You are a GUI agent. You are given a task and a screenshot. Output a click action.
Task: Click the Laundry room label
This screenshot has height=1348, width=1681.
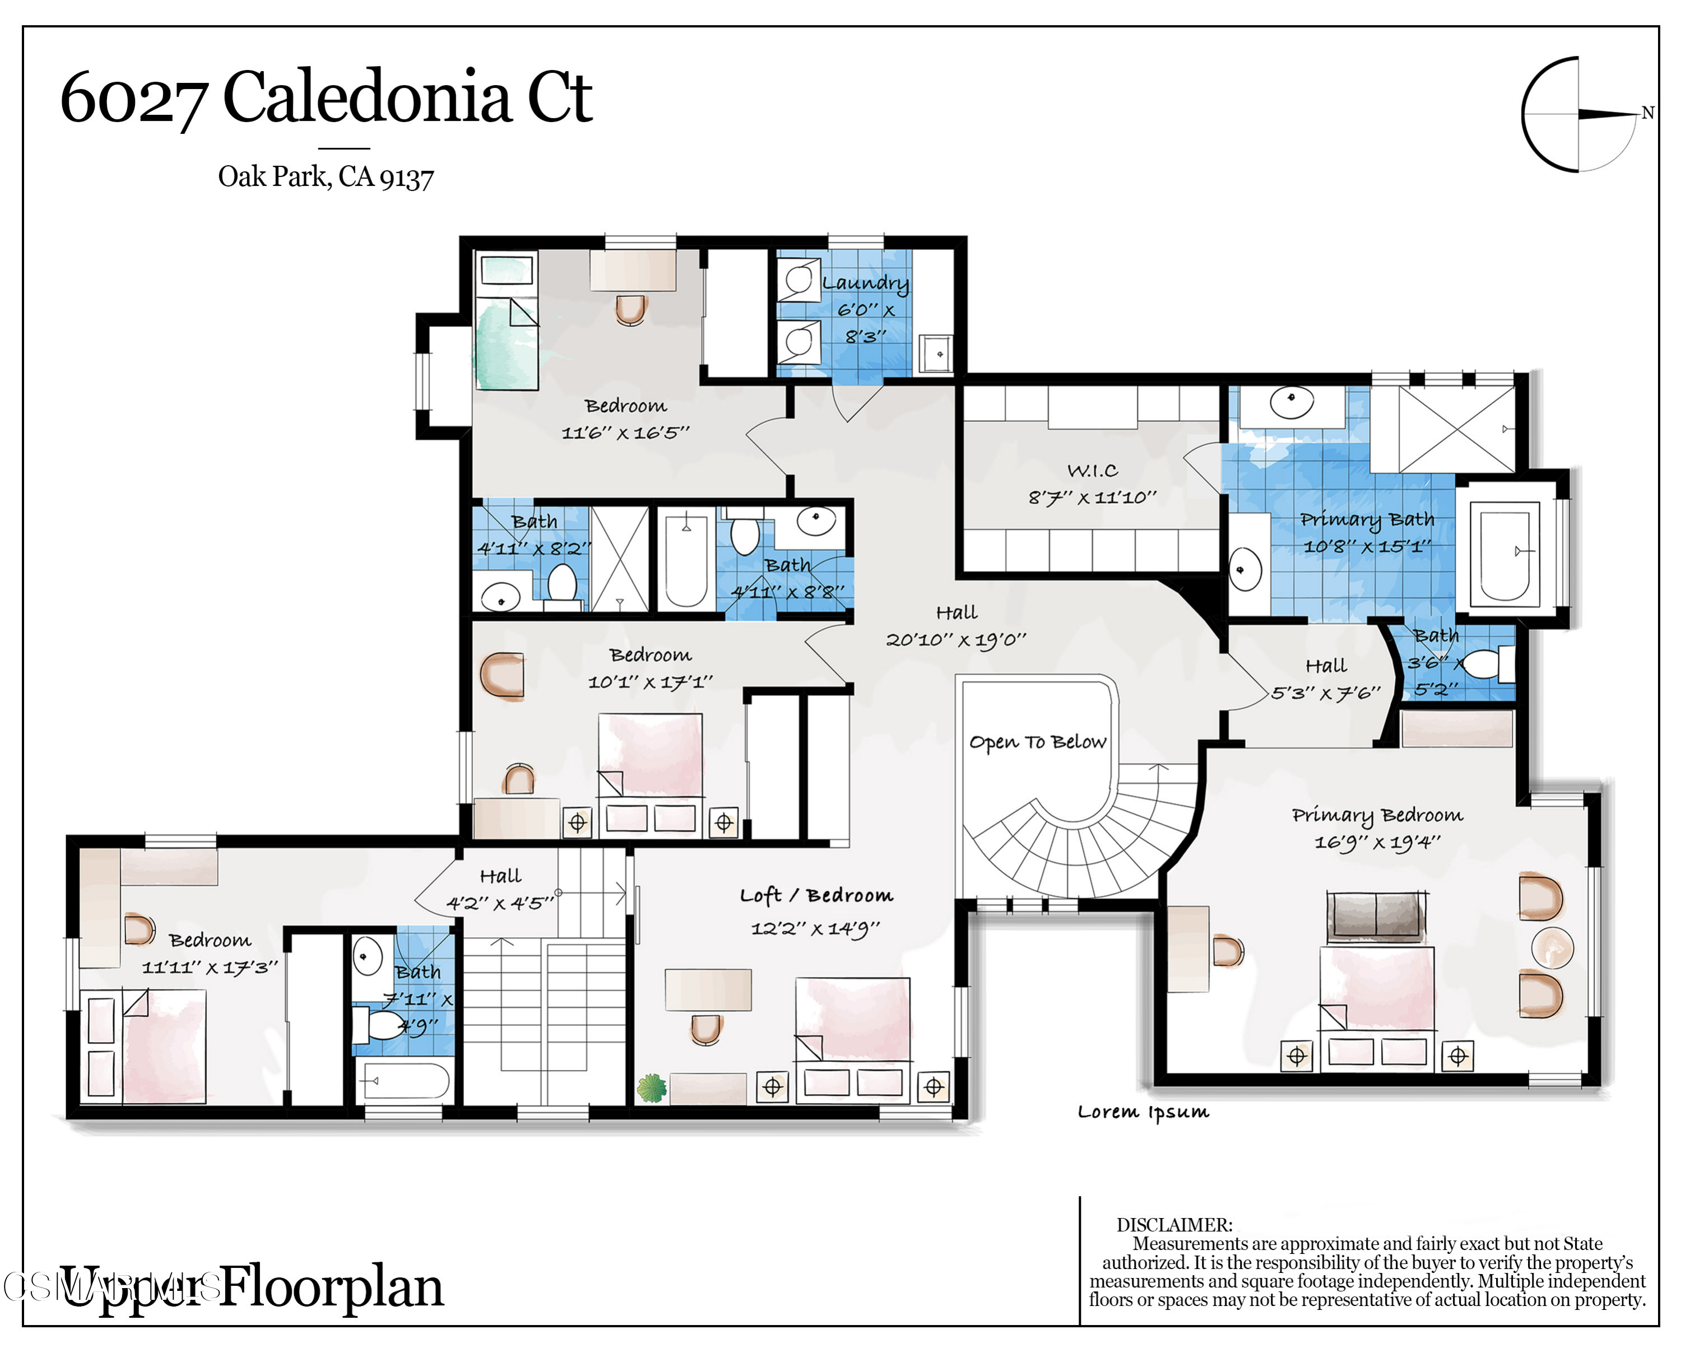[x=866, y=283]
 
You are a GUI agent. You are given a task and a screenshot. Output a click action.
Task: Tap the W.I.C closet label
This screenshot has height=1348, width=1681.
[x=1092, y=470]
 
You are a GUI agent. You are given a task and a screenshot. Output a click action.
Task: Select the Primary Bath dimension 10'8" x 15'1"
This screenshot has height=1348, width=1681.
[x=1367, y=546]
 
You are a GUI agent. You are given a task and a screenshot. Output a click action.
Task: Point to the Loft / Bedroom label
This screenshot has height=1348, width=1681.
[x=816, y=895]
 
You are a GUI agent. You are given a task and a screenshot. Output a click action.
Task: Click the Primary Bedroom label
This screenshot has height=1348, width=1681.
[x=1377, y=815]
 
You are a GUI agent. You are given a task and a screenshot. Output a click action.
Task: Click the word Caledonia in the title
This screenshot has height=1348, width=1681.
[x=366, y=97]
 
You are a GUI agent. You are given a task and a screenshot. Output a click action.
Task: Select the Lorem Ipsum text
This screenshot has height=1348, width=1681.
[x=1143, y=1113]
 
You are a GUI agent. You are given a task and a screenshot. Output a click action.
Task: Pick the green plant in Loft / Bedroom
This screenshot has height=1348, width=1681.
[x=652, y=1087]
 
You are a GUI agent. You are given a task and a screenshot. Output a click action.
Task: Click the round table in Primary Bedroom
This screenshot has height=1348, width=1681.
[x=1552, y=948]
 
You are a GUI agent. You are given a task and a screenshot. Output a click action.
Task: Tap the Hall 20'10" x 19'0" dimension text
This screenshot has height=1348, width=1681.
[x=956, y=640]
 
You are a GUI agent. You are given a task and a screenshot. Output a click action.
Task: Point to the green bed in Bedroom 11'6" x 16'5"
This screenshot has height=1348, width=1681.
[x=507, y=343]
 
